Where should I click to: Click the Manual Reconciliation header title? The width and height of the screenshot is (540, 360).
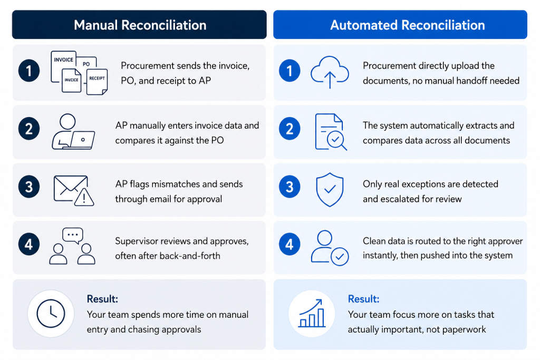[x=140, y=25]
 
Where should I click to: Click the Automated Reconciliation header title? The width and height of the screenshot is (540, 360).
[x=408, y=25]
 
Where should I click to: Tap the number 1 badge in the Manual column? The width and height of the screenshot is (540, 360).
[x=29, y=71]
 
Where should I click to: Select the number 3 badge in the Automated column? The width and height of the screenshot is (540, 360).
[x=290, y=187]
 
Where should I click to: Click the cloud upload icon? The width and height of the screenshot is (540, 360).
[x=330, y=72]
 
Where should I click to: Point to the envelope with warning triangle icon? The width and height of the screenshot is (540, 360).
[x=74, y=191]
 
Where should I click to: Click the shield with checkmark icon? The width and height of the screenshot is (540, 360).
[x=330, y=190]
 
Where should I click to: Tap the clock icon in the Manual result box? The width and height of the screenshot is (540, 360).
[x=51, y=314]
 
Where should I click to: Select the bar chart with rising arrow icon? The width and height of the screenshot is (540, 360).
[x=312, y=313]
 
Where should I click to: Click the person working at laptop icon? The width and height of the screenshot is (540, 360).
[x=73, y=131]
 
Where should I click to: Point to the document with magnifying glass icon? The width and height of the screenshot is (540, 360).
[x=331, y=132]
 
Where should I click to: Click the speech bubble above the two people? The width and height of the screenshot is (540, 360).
[x=73, y=236]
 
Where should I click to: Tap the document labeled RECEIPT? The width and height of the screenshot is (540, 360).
[x=97, y=82]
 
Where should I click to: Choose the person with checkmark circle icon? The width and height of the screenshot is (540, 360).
[x=330, y=248]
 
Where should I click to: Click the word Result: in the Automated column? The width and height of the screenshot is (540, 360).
[x=363, y=299]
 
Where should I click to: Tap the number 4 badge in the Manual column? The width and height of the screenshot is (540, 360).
[x=29, y=245]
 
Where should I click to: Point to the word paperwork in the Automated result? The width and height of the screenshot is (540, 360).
[x=464, y=330]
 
